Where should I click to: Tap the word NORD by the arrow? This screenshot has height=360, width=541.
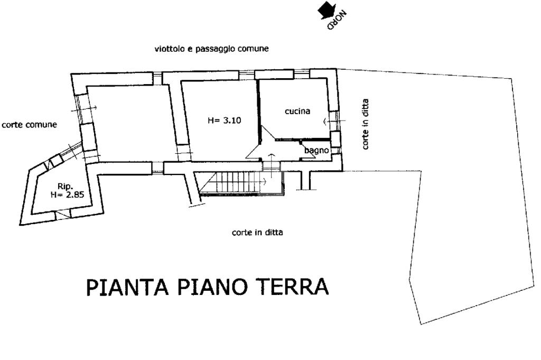[x=337, y=21]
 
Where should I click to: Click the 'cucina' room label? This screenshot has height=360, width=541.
[x=297, y=111]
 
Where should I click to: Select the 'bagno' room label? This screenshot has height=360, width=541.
[x=316, y=151]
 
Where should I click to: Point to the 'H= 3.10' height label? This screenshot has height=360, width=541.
[x=224, y=121]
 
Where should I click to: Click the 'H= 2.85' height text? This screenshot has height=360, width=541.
[x=67, y=195]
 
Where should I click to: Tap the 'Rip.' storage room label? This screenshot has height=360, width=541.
[x=64, y=187]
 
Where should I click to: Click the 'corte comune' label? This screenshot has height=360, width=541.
[x=30, y=125]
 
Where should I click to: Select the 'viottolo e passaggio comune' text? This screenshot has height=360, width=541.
[x=211, y=49]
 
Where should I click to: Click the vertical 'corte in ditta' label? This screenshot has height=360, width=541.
[x=366, y=124]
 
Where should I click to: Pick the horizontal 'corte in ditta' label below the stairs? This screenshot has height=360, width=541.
[x=257, y=232]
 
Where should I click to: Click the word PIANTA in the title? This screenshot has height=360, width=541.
[x=127, y=287]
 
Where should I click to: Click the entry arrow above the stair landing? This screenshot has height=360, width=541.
[x=272, y=162]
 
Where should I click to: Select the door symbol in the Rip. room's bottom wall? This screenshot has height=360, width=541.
[x=62, y=215]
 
